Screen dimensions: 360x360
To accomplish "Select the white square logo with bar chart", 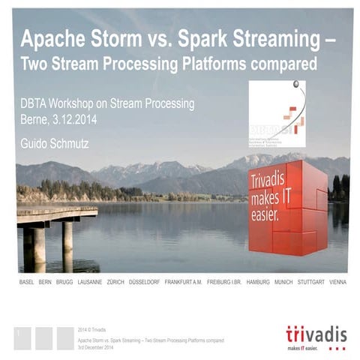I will [x=277, y=113].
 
